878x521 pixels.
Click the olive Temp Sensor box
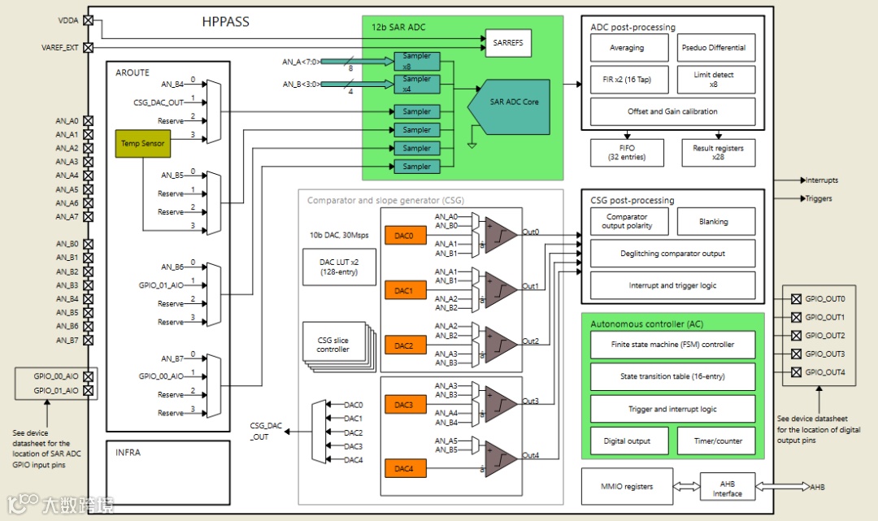(x=143, y=143)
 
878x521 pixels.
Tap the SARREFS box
(x=508, y=44)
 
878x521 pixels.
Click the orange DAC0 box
(x=404, y=236)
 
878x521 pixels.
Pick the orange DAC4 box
(x=404, y=469)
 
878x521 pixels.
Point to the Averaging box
(x=627, y=48)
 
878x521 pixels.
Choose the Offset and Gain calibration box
(x=672, y=111)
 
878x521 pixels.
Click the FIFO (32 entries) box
(x=626, y=152)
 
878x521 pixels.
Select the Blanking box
(x=714, y=221)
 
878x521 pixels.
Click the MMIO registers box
(x=627, y=487)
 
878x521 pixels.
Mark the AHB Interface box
(x=727, y=488)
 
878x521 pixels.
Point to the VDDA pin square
(x=89, y=20)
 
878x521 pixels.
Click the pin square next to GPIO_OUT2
(x=796, y=336)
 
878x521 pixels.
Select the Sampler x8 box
(x=417, y=61)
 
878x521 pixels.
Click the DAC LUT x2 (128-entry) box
(x=339, y=267)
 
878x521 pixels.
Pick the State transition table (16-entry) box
(x=672, y=377)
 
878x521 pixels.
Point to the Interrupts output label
(x=821, y=180)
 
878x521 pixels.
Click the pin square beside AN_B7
(x=89, y=340)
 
